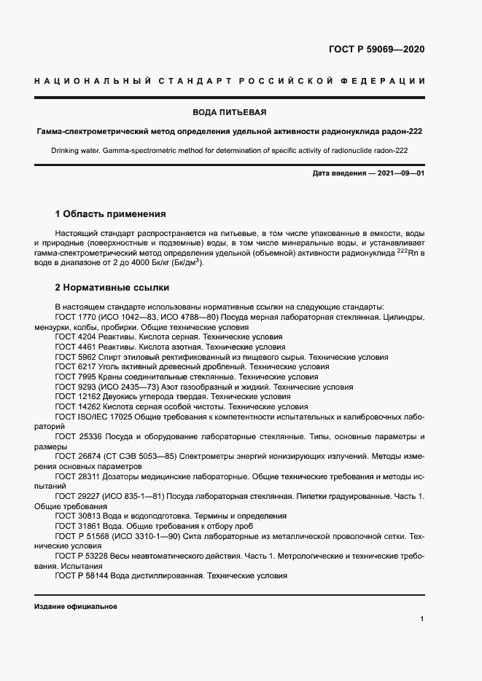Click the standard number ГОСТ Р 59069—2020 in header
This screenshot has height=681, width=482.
coord(376,50)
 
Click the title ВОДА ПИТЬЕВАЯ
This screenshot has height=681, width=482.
coord(230,112)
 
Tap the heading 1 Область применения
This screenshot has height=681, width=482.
coord(111,214)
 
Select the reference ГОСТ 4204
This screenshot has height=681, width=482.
coord(75,337)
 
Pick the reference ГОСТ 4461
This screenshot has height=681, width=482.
coord(75,347)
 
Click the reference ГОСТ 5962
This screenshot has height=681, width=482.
coord(75,358)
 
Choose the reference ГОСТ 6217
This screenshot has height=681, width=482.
coord(75,367)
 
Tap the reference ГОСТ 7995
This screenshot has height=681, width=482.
coord(75,377)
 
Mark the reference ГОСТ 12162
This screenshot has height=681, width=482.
coord(77,397)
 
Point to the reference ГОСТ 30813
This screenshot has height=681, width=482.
coord(77,516)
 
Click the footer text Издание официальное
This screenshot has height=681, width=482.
coord(76,607)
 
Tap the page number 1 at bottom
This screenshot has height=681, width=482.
coord(422,618)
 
